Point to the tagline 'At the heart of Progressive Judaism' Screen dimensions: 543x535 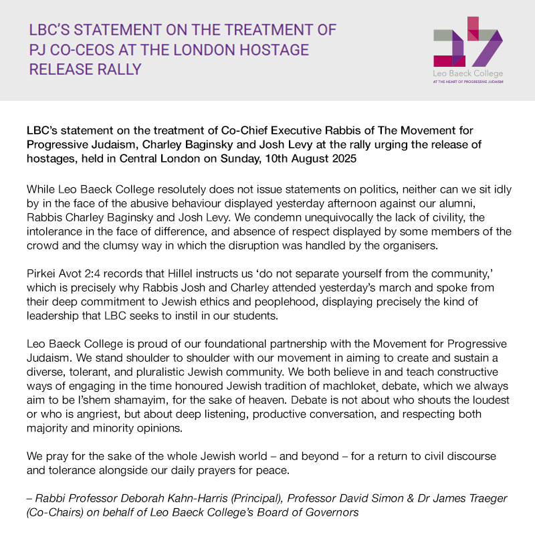pyautogui.click(x=467, y=81)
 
